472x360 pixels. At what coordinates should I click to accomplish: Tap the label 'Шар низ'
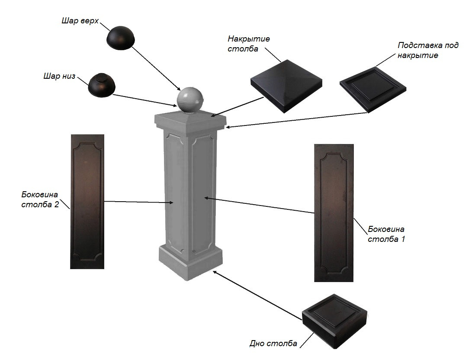coord(59,77)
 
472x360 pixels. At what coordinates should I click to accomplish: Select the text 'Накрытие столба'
coord(248,44)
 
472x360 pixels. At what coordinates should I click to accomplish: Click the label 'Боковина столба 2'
coord(40,200)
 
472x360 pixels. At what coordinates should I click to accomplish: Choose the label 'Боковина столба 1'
coord(386,234)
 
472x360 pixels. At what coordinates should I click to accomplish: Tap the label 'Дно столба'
coord(273,344)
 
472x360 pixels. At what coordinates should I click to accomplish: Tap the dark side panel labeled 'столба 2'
coord(87,201)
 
